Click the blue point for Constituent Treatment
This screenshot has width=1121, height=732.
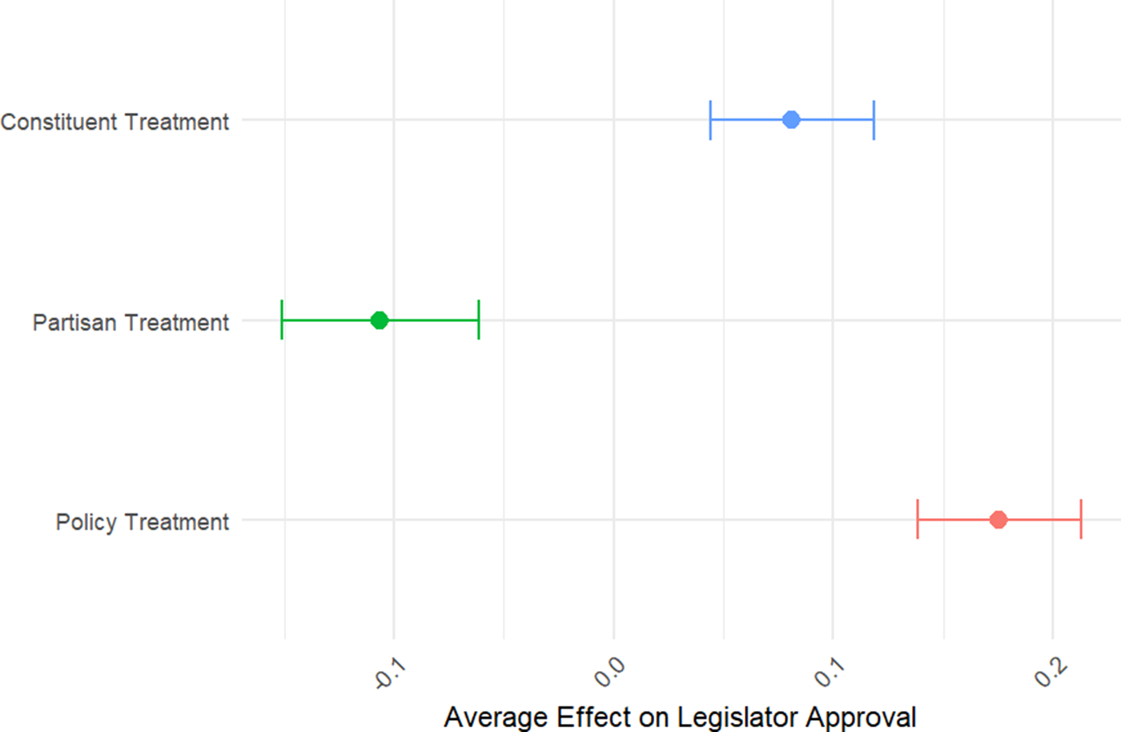pyautogui.click(x=791, y=120)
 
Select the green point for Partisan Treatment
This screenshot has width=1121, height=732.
pyautogui.click(x=380, y=320)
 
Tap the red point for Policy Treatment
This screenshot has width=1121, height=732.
pyautogui.click(x=998, y=520)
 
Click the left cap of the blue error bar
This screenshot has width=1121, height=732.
pyautogui.click(x=710, y=120)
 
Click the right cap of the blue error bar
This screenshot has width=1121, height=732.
pyautogui.click(x=874, y=120)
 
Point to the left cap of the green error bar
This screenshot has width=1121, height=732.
pyautogui.click(x=282, y=320)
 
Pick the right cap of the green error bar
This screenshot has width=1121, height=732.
pyautogui.click(x=479, y=320)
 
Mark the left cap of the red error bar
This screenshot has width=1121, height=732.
pyautogui.click(x=918, y=520)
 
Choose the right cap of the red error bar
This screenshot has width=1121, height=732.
pyautogui.click(x=1081, y=520)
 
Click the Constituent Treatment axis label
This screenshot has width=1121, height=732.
pyautogui.click(x=115, y=122)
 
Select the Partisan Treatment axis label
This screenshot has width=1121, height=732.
pyautogui.click(x=131, y=322)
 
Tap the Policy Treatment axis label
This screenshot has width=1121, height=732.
pyautogui.click(x=142, y=522)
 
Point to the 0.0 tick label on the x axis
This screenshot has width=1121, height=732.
pyautogui.click(x=609, y=672)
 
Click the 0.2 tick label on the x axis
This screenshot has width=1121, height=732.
pyautogui.click(x=1050, y=672)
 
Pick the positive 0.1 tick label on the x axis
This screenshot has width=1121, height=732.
pyautogui.click(x=830, y=672)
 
